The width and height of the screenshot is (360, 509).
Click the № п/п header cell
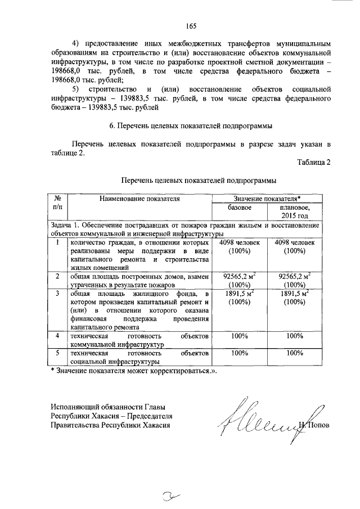click(x=57, y=203)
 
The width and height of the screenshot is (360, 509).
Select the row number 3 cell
click(x=57, y=294)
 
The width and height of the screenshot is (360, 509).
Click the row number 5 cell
click(x=57, y=353)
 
